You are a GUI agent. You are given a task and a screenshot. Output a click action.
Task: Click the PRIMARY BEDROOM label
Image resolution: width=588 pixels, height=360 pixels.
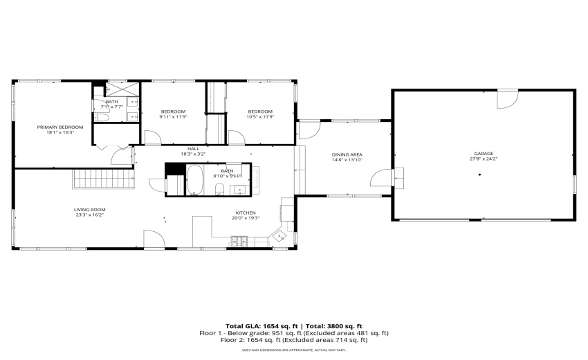pyautogui.click(x=60, y=127)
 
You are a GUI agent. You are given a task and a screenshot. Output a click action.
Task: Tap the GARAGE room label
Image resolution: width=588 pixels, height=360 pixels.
pyautogui.click(x=484, y=154)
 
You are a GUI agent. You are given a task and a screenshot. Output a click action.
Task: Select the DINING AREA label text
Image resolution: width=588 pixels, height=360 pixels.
pyautogui.click(x=347, y=154)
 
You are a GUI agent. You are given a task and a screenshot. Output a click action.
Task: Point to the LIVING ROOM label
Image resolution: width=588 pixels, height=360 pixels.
pyautogui.click(x=89, y=210)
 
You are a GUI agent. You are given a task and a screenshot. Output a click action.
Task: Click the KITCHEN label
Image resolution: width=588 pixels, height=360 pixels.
pyautogui.click(x=246, y=213)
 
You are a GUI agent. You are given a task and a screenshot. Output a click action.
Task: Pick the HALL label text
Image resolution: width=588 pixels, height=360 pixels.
pyautogui.click(x=194, y=150)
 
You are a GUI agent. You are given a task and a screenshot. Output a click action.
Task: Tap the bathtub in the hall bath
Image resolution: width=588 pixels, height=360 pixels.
pyautogui.click(x=195, y=181)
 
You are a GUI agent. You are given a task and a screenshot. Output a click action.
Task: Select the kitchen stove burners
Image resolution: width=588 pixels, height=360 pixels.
pyautogui.click(x=240, y=241)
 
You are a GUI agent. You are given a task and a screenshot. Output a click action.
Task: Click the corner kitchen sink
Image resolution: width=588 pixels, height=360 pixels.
pyautogui.click(x=280, y=235)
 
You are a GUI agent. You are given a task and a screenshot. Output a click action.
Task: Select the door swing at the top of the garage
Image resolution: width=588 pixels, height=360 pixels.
pyautogui.click(x=506, y=100)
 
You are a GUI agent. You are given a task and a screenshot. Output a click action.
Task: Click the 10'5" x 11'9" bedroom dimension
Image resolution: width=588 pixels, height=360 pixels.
pyautogui.click(x=261, y=117)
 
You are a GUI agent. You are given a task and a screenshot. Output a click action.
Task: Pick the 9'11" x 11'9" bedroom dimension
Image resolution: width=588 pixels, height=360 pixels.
pyautogui.click(x=173, y=117)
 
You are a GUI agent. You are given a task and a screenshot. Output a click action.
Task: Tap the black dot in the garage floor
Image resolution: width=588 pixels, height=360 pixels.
pyautogui.click(x=478, y=174)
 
